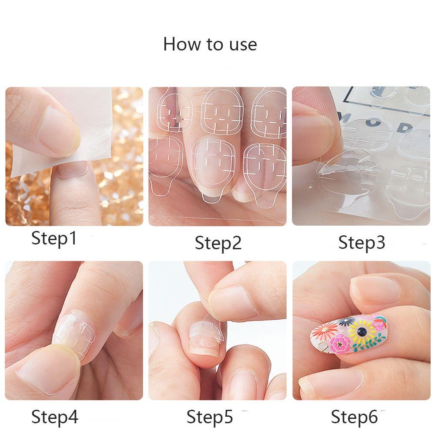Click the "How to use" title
tap(210, 44)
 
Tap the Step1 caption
tap(54, 238)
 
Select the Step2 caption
tap(218, 243)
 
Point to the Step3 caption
tap(362, 243)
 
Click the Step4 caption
tap(55, 417)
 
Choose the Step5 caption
tap(210, 417)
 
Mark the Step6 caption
tap(355, 417)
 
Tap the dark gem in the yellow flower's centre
tap(361, 332)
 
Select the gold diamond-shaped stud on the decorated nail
tap(323, 346)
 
